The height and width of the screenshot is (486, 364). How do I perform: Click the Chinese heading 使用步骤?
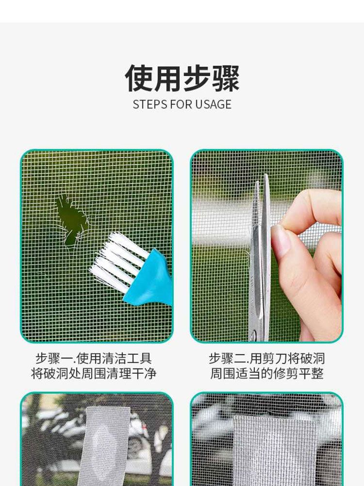pyautogui.click(x=182, y=78)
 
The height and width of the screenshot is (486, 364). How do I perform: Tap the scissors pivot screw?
pyautogui.click(x=254, y=335)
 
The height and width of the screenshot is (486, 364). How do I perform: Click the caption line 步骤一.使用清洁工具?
pyautogui.click(x=94, y=359)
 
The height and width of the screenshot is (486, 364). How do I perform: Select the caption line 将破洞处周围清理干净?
pyautogui.click(x=94, y=373)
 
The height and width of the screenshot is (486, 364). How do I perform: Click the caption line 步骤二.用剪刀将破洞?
pyautogui.click(x=267, y=359)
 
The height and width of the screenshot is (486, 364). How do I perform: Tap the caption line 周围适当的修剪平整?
pyautogui.click(x=267, y=373)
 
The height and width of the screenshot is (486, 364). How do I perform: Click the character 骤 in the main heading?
pyautogui.click(x=226, y=78)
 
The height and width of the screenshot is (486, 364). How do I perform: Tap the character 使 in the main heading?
pyautogui.click(x=139, y=78)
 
